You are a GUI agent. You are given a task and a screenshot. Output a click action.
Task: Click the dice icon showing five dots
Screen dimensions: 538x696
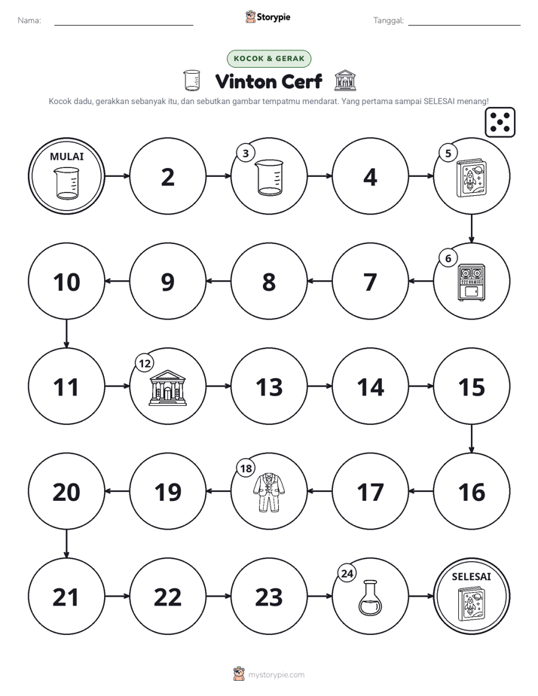point(500,122)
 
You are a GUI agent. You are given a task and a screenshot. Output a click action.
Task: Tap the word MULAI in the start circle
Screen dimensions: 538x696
point(66,156)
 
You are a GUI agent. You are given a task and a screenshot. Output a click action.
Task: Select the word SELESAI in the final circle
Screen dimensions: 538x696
point(472,576)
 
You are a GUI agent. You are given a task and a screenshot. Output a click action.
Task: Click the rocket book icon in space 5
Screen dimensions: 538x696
point(472,179)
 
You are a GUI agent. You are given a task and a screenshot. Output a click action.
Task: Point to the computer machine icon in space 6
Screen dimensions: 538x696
point(472,282)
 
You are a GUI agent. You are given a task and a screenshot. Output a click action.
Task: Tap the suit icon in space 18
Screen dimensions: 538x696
point(269,493)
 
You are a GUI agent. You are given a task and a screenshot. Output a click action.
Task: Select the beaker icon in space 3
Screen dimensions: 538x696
point(270,178)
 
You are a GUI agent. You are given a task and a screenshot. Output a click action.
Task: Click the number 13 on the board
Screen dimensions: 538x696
point(269,387)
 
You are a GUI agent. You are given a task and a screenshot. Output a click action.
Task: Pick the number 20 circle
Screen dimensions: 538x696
point(66,492)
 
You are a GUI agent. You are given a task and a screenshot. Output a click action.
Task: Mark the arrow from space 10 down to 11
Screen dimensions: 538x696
point(66,334)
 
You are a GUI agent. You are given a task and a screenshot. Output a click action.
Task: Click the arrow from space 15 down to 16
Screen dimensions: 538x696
point(472,439)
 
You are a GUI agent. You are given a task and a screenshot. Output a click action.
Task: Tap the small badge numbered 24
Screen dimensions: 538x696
point(347,573)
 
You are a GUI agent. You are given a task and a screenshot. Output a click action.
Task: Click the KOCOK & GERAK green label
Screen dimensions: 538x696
point(269,59)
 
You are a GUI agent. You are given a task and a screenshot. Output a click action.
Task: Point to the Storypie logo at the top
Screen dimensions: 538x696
point(268,17)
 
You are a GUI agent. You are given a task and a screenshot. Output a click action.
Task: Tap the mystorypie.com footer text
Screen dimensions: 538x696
point(276,675)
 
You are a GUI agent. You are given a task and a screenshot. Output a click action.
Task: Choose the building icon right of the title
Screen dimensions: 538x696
point(345,81)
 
